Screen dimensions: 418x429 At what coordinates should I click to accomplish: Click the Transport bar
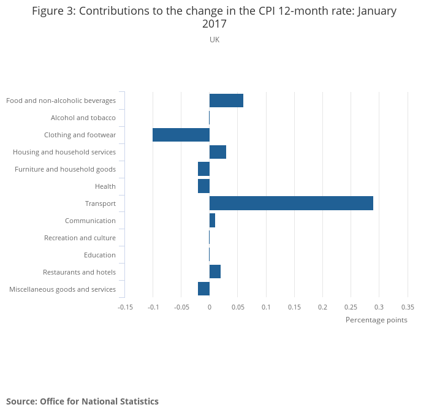(x=291, y=203)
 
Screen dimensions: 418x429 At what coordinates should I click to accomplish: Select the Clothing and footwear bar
(x=181, y=135)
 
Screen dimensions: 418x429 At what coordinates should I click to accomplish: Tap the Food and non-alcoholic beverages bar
(x=226, y=101)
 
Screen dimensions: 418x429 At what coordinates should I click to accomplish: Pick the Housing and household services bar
(x=218, y=152)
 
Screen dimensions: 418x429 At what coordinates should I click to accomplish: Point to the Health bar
(x=203, y=186)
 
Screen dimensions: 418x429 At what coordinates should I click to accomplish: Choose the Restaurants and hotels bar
(x=215, y=272)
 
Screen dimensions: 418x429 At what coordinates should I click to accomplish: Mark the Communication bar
(x=212, y=221)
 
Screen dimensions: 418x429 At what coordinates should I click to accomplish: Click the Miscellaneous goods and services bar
(x=203, y=289)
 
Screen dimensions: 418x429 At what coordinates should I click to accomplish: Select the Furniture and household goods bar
(x=203, y=169)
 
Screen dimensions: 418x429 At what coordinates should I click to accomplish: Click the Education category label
(x=99, y=255)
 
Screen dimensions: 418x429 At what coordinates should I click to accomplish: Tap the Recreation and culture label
(x=80, y=238)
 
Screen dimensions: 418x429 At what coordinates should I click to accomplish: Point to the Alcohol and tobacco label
(x=83, y=118)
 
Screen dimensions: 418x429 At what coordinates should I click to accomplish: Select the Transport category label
(x=101, y=203)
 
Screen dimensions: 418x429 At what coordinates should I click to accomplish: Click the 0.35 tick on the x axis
(x=408, y=307)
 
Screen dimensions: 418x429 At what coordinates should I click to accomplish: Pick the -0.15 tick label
(x=125, y=307)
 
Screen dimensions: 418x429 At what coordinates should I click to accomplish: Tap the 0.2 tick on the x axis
(x=322, y=307)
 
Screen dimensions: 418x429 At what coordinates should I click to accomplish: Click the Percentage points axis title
(x=376, y=320)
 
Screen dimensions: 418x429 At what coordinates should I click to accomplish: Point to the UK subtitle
(x=214, y=40)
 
